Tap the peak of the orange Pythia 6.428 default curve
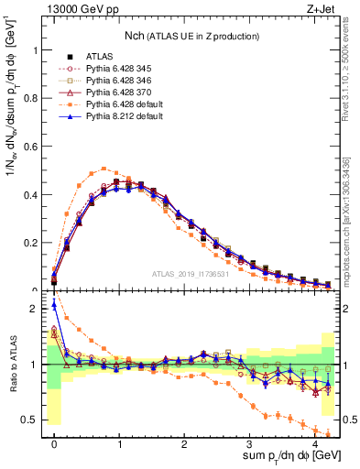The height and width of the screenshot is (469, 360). [x=105, y=169]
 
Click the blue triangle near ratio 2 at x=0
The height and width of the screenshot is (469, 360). [x=54, y=305]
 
